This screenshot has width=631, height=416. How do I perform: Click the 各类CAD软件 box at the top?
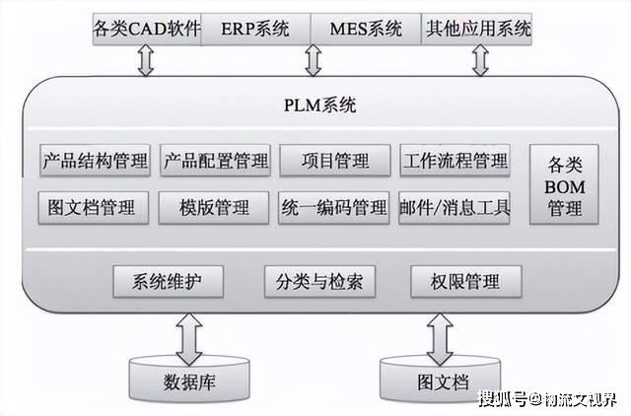[x=146, y=28]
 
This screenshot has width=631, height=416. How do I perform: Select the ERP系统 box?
[x=255, y=28]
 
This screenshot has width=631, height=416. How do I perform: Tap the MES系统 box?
[x=365, y=28]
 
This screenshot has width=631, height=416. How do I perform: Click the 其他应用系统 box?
[x=476, y=28]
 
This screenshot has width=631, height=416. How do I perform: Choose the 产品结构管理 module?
[x=96, y=160]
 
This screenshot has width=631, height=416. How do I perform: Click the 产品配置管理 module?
[x=215, y=160]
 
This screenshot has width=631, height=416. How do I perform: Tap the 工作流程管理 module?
[x=455, y=160]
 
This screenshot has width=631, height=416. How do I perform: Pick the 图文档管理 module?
[x=96, y=207]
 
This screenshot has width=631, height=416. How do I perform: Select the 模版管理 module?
[x=215, y=207]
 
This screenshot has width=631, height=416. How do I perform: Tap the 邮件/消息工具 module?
[x=455, y=207]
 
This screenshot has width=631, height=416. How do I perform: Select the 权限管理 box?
[x=465, y=281]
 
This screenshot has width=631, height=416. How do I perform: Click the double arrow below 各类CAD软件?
[x=147, y=60]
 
